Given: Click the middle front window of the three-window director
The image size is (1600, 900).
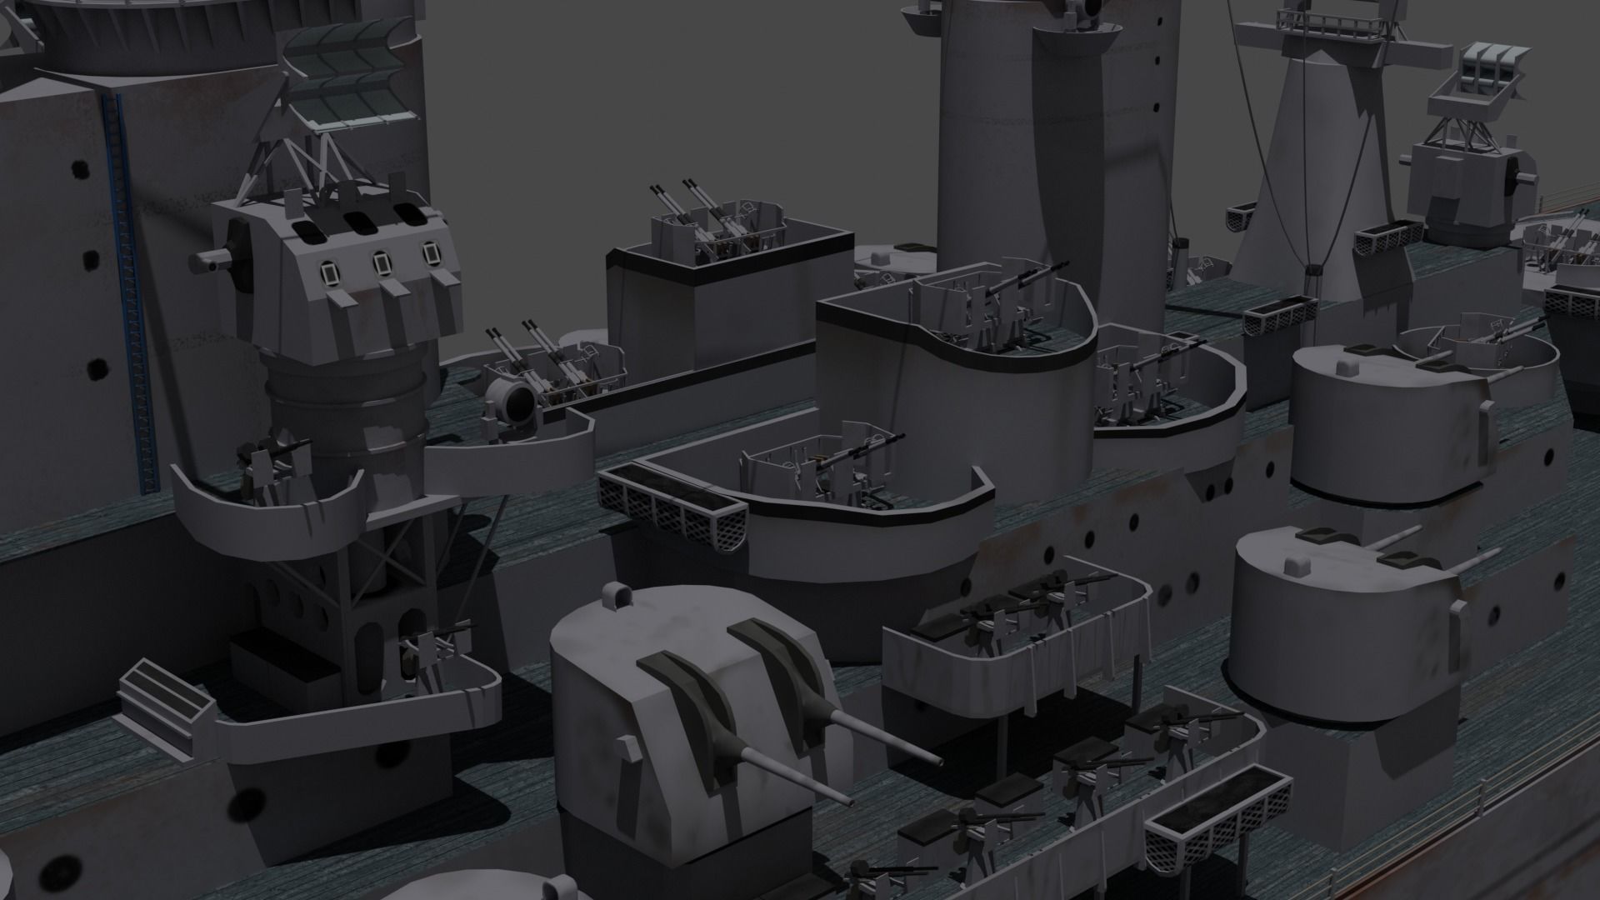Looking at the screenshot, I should (381, 262).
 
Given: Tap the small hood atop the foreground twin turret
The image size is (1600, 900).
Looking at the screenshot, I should (617, 595).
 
